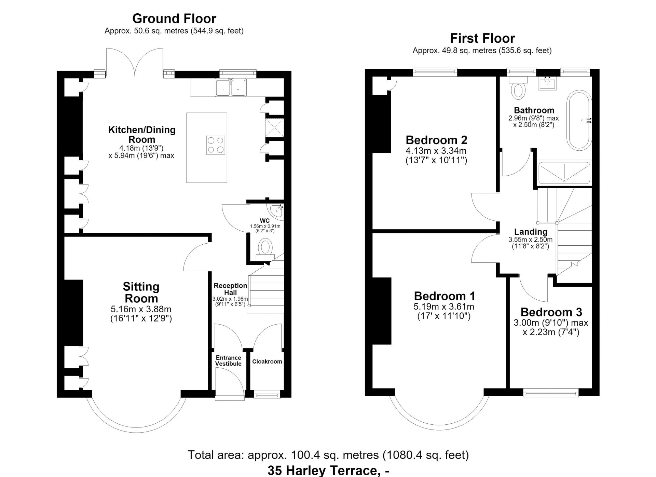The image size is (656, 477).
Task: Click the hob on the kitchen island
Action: (x=216, y=145)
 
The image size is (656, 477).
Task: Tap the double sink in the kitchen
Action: (x=231, y=87)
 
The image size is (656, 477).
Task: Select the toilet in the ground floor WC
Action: (x=265, y=250)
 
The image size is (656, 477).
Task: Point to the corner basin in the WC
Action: (x=276, y=211)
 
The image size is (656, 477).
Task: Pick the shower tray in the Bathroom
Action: (x=564, y=173)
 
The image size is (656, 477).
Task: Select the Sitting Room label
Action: (x=141, y=292)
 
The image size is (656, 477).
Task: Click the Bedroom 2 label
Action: (x=436, y=140)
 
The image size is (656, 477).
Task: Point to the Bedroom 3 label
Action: (x=551, y=312)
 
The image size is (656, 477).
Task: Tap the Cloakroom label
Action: (x=267, y=362)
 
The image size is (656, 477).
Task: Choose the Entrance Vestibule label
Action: (x=228, y=361)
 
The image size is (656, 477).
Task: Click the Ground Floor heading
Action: (x=174, y=18)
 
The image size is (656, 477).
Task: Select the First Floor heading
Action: (x=482, y=38)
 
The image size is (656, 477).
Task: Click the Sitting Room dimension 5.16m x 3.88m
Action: (x=141, y=309)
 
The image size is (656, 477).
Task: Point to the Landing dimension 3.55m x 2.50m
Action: (x=530, y=240)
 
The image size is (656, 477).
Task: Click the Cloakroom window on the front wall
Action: (x=267, y=395)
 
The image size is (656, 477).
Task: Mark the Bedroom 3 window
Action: (x=551, y=393)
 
